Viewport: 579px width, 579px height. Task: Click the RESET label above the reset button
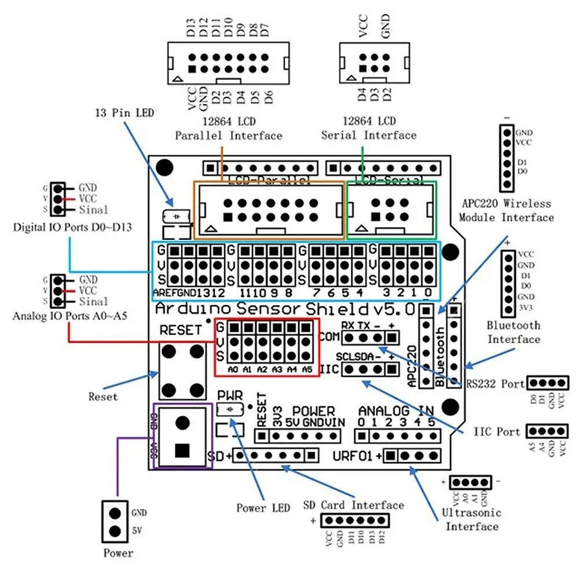click(x=181, y=330)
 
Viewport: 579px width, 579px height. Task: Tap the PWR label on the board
click(x=229, y=395)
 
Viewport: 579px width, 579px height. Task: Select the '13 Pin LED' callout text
click(x=125, y=112)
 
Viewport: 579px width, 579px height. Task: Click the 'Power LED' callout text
click(x=263, y=508)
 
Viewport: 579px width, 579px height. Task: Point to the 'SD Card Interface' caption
click(x=354, y=505)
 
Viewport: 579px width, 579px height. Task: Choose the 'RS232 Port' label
click(x=496, y=383)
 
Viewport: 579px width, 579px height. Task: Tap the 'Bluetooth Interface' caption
click(x=513, y=332)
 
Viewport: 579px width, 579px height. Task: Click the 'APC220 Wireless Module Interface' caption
click(x=506, y=210)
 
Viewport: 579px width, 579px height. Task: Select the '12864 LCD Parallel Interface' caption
click(x=229, y=129)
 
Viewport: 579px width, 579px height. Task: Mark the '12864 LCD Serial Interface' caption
click(x=369, y=129)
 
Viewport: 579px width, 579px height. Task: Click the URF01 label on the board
click(x=353, y=456)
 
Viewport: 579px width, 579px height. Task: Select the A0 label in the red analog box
click(x=233, y=369)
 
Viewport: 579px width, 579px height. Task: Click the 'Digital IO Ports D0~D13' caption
click(x=72, y=227)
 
